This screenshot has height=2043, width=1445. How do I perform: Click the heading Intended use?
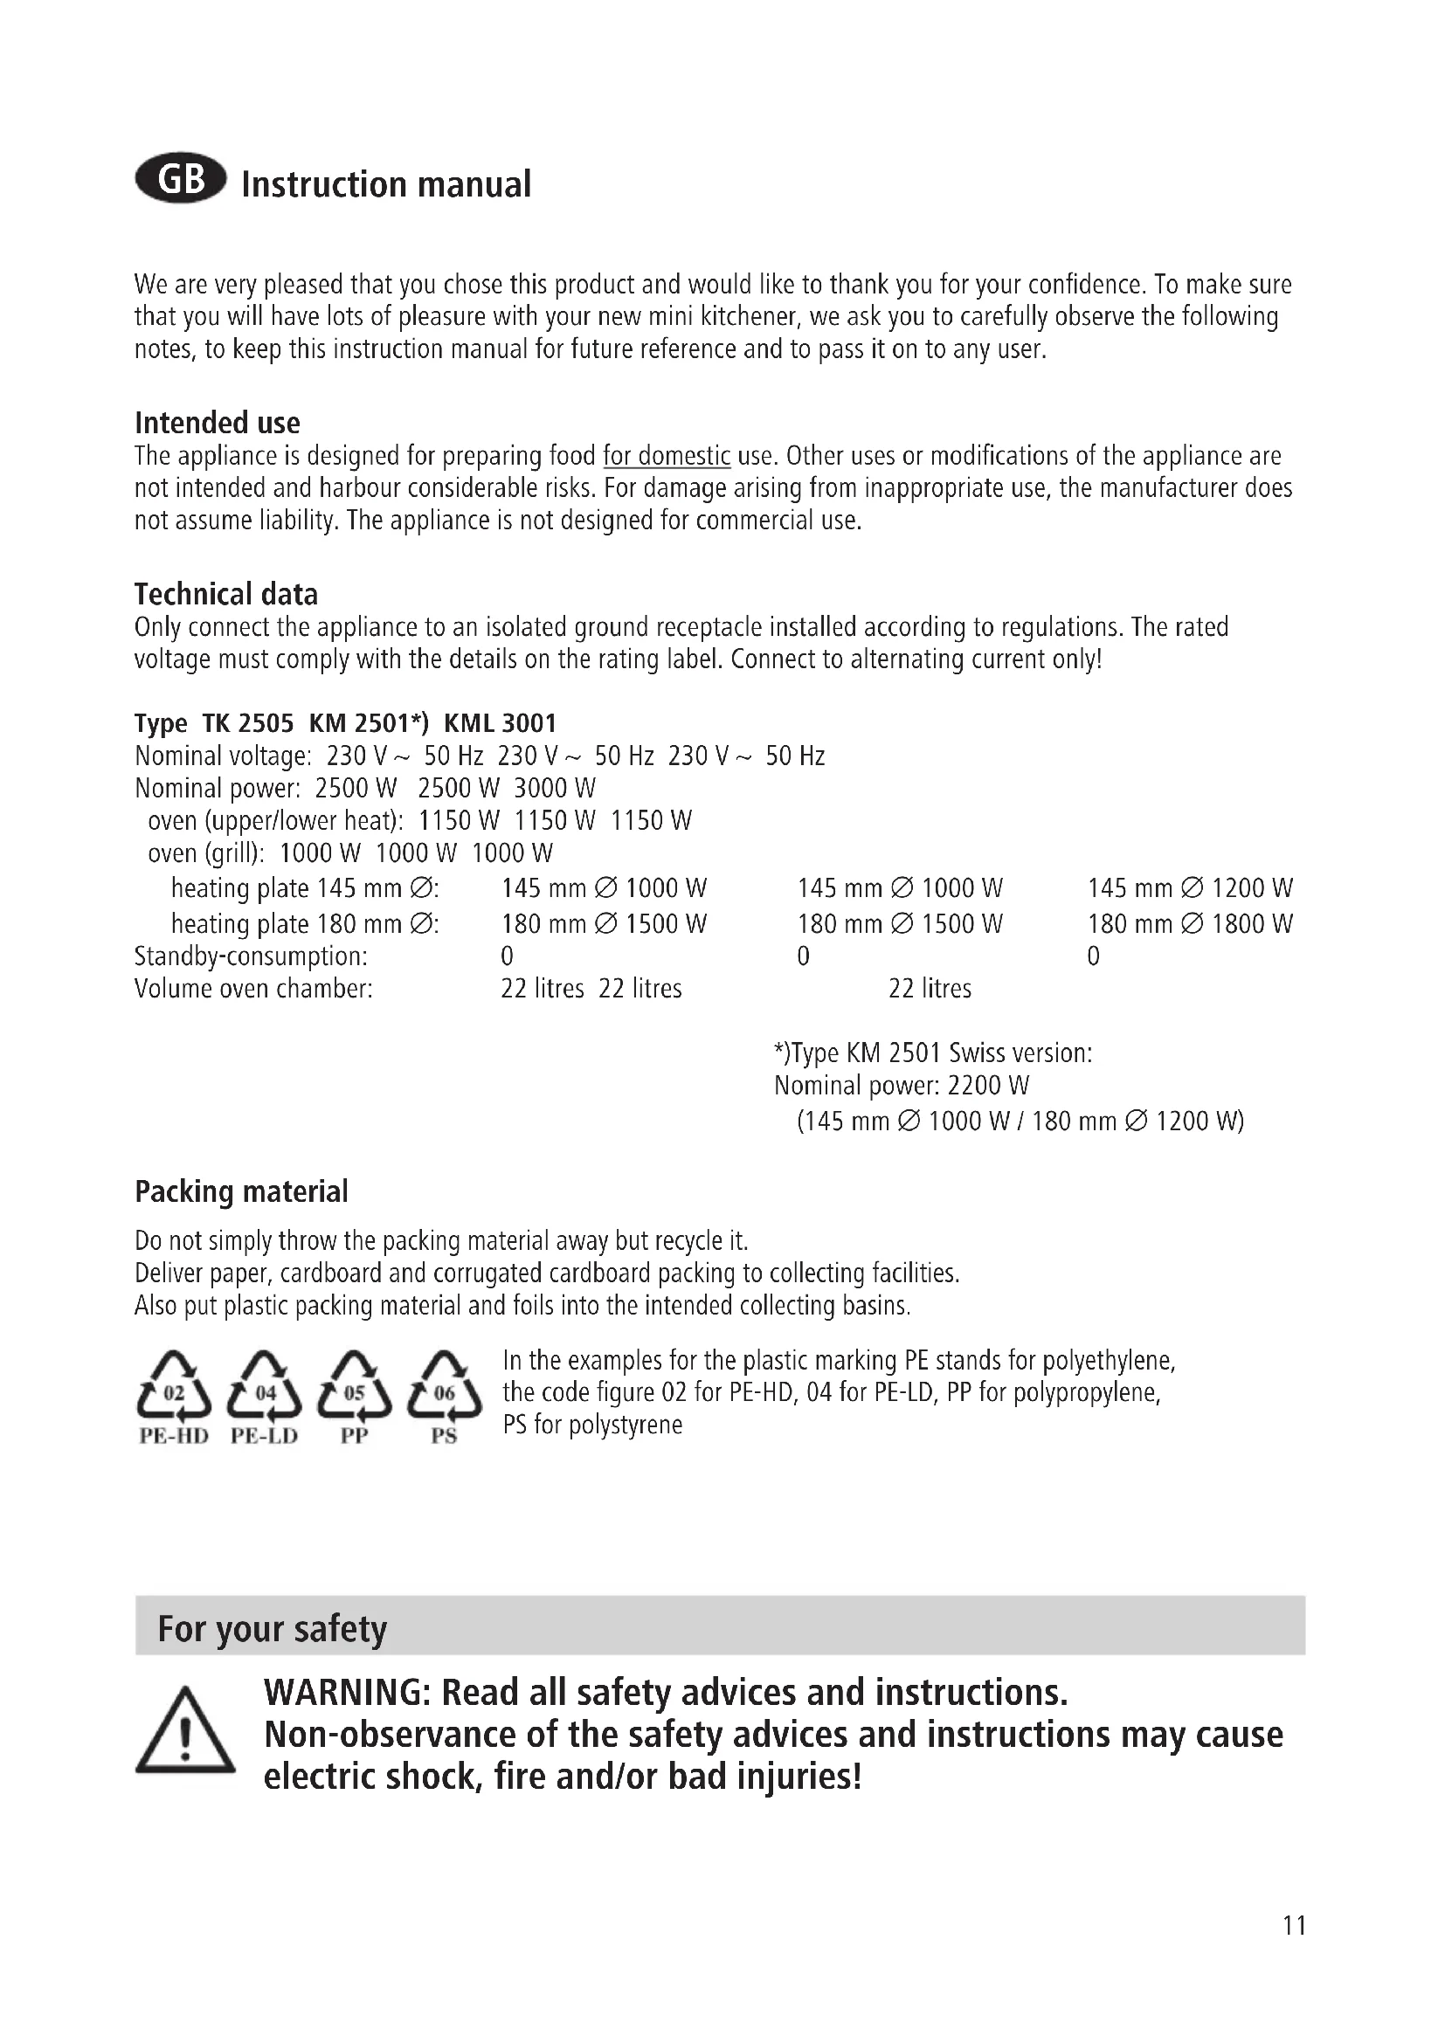(x=218, y=422)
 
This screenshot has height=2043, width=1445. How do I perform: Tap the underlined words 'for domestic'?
(x=667, y=456)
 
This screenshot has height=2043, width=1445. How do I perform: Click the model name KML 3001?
(x=500, y=722)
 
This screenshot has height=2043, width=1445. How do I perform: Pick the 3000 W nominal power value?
(x=556, y=789)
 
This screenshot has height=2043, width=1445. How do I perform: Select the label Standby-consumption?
(x=251, y=956)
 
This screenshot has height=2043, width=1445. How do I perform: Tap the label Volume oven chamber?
(x=253, y=989)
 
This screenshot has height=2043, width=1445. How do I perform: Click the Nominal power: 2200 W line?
(x=902, y=1086)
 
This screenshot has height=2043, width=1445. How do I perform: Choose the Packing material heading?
(x=241, y=1191)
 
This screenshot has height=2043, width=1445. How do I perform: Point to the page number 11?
(x=1295, y=1926)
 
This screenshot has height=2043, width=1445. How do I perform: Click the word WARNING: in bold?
(x=347, y=1692)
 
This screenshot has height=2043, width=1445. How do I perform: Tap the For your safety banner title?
(x=273, y=1628)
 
